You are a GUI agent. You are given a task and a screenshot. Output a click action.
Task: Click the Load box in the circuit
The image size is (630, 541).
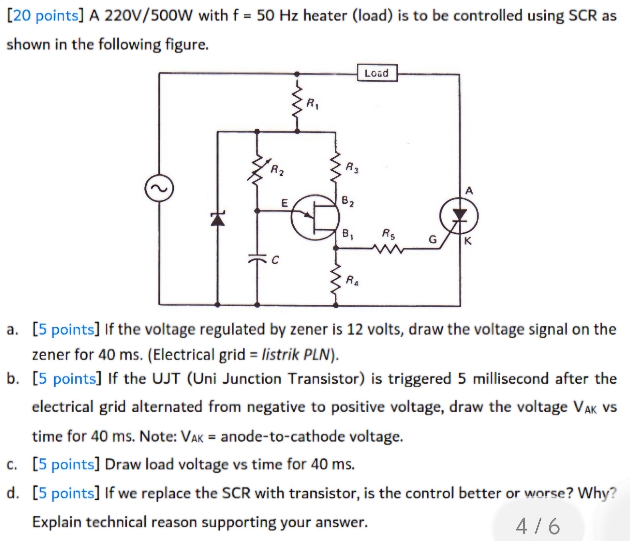coord(377,73)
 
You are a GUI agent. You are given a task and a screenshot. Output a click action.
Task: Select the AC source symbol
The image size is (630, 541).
coord(159,189)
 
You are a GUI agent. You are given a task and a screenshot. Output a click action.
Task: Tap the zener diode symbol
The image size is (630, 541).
coord(217,218)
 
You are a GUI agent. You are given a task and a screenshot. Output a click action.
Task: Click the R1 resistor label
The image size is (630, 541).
coord(313,104)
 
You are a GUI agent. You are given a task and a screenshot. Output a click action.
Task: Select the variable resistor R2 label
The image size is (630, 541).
coord(277,170)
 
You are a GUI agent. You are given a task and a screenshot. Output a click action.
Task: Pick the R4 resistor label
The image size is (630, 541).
coord(352,280)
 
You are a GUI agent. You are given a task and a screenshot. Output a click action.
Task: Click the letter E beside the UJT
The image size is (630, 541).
coord(284,203)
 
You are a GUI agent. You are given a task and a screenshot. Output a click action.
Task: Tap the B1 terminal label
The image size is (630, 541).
coord(348,233)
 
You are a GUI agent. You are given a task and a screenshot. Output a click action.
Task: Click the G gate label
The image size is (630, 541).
coord(432,239)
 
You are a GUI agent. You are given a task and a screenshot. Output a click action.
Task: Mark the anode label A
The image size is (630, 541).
coord(469,190)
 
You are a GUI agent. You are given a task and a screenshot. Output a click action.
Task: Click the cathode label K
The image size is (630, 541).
coord(468,241)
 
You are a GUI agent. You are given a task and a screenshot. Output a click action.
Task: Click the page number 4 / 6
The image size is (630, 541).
coord(538,526)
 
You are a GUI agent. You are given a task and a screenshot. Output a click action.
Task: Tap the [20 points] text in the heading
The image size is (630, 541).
coord(45,16)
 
